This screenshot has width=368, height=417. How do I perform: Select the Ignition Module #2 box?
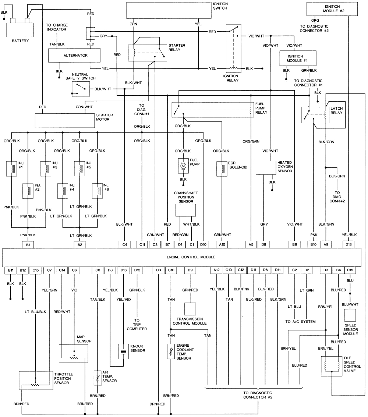332,9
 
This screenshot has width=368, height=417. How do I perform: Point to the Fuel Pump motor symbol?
183,166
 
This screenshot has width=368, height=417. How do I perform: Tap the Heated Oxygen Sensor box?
266,167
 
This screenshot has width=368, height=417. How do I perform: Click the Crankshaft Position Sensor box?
185,210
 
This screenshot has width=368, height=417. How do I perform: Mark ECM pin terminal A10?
222,244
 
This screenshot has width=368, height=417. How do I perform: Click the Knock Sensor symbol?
123,351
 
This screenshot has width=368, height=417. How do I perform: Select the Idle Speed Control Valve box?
331,366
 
